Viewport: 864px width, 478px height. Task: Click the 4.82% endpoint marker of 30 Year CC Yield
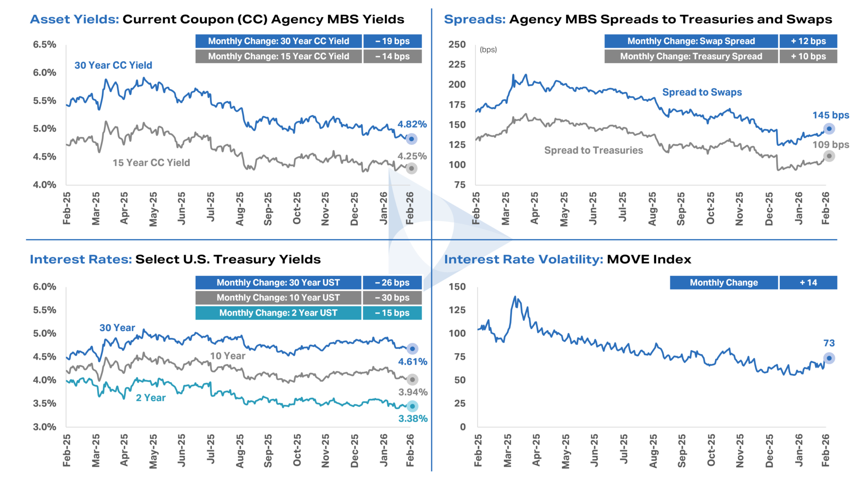coord(411,139)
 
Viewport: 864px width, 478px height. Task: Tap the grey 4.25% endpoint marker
coord(411,168)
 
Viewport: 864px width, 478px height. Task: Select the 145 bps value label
coord(831,115)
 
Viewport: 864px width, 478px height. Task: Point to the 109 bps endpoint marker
coord(829,156)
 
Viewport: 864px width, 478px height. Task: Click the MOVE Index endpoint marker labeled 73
coord(829,358)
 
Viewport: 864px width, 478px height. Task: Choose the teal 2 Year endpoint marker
coord(412,406)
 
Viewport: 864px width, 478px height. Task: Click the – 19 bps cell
coord(392,41)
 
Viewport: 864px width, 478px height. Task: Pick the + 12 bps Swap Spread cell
coord(808,41)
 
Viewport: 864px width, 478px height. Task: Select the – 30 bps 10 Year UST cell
coord(392,298)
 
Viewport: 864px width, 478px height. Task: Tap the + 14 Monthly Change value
coord(808,283)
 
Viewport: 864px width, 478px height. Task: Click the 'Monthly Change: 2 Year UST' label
coord(278,313)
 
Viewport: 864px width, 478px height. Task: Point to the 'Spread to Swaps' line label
coord(702,92)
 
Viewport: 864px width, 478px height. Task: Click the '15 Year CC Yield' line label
coord(151,163)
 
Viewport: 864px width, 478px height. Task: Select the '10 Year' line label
coord(228,356)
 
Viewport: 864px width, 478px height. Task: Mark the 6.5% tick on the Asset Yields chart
coord(45,45)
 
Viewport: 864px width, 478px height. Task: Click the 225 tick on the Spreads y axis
coord(457,64)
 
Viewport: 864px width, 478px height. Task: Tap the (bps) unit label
coord(488,50)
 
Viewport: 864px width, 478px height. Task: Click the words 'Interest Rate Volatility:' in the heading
coord(523,259)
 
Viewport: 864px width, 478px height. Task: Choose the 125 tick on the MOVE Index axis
coord(457,310)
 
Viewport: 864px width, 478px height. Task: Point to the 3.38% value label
coord(413,419)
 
